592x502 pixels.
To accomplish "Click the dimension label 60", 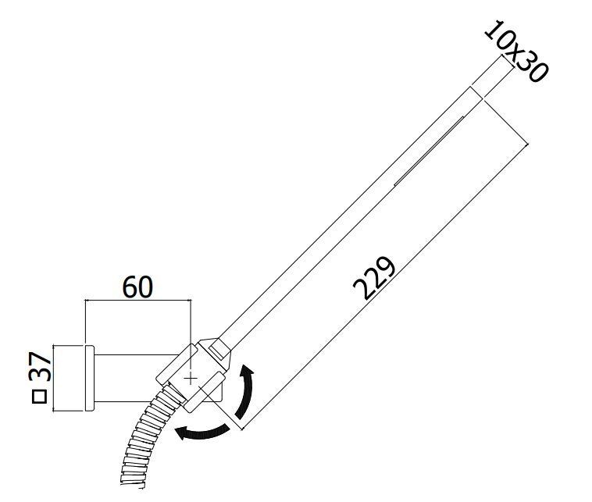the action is [137, 287].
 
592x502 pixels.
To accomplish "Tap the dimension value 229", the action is [374, 278].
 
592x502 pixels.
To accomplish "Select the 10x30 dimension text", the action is [516, 52].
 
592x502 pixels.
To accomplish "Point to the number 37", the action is [40, 366].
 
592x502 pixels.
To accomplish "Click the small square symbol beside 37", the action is [39, 397].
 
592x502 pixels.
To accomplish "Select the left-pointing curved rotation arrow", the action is [202, 433].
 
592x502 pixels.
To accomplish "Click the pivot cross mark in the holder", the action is [191, 377].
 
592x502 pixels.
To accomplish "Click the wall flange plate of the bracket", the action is [90, 378].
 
